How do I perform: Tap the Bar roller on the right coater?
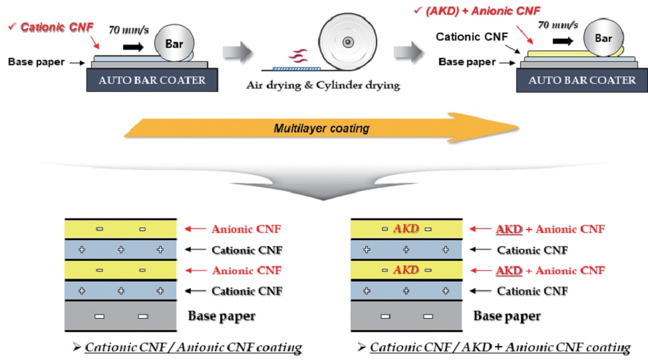click(603, 39)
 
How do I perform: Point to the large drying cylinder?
click(347, 42)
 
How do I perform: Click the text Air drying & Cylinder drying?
click(323, 84)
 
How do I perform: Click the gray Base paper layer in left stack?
click(120, 316)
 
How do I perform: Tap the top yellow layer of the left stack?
click(120, 229)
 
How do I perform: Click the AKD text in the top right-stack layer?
click(405, 229)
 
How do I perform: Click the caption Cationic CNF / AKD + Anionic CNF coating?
click(500, 348)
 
